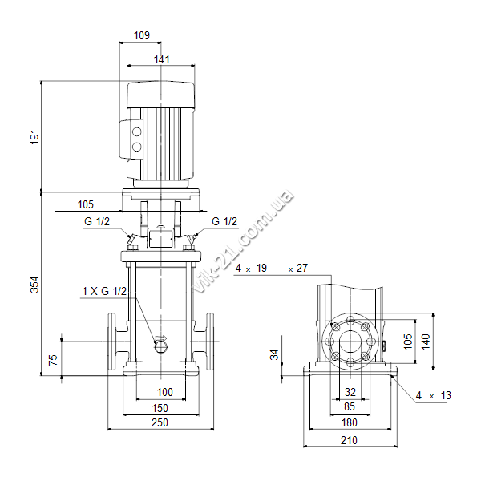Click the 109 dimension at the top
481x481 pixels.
(x=142, y=35)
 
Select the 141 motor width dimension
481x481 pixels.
(x=161, y=59)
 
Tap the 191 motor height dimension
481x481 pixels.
(x=35, y=137)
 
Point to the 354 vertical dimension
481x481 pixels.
(x=34, y=285)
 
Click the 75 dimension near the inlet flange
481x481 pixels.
(x=53, y=359)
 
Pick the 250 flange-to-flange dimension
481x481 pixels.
(x=160, y=422)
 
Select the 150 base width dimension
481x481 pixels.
(x=160, y=408)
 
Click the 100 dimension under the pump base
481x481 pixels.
(x=164, y=392)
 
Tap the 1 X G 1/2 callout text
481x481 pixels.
(x=104, y=291)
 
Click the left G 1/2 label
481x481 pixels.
(x=97, y=221)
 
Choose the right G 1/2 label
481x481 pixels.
(x=224, y=221)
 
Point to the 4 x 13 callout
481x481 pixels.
(x=434, y=396)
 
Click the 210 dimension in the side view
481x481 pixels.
(x=349, y=440)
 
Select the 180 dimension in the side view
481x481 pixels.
(x=349, y=422)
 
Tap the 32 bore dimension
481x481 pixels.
(x=350, y=392)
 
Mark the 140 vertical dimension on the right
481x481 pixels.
(x=426, y=342)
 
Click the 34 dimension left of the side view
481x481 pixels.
(x=274, y=354)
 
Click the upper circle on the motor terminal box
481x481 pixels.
(x=136, y=132)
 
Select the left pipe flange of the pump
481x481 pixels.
(x=111, y=342)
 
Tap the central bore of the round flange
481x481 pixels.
(x=350, y=342)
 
